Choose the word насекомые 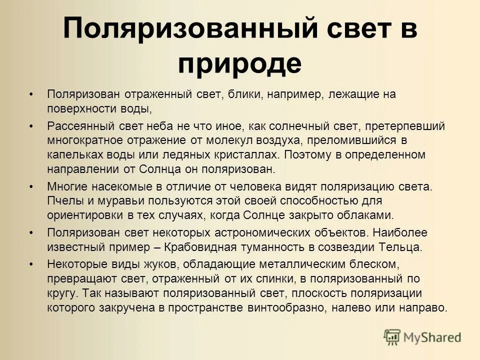click(118, 187)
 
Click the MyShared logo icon click(393, 336)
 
